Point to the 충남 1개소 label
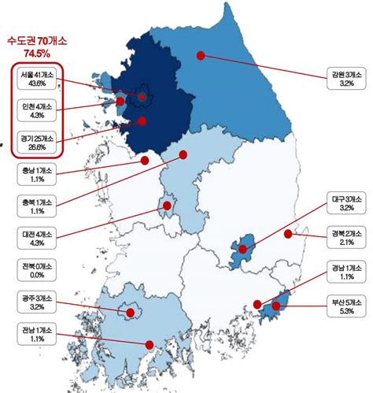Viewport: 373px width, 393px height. click(37, 173)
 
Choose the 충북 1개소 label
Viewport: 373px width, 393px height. click(37, 206)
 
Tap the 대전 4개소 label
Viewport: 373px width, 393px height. click(37, 239)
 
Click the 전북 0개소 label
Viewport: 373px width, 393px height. click(37, 270)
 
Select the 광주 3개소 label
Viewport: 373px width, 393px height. click(37, 302)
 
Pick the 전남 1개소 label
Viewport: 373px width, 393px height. click(37, 333)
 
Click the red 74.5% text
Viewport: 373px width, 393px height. click(37, 54)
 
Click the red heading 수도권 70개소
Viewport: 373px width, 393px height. click(37, 39)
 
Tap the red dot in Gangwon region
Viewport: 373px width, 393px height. click(201, 56)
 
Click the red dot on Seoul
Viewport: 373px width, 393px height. click(142, 98)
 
